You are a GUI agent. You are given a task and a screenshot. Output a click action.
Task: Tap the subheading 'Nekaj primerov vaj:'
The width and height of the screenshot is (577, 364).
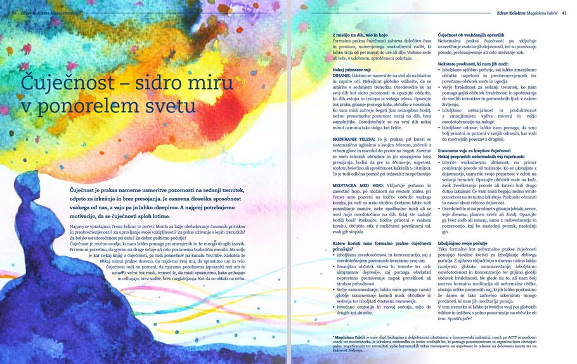(x=351, y=68)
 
